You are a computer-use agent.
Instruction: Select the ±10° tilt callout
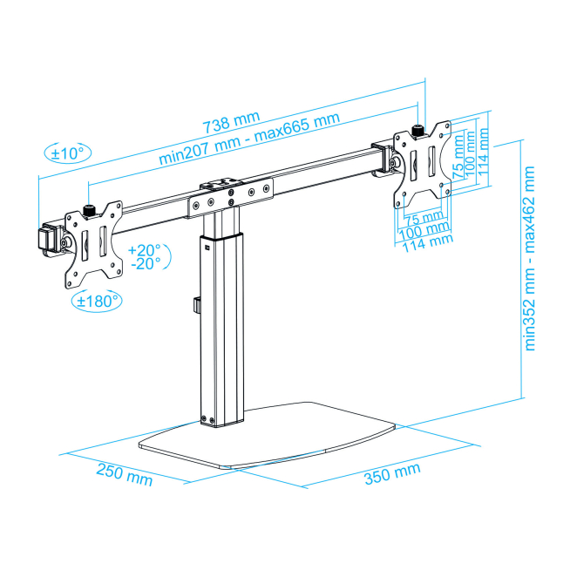[67, 153]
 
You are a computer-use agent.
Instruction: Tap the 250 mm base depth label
[124, 475]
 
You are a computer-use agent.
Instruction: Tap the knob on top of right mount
[417, 131]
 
